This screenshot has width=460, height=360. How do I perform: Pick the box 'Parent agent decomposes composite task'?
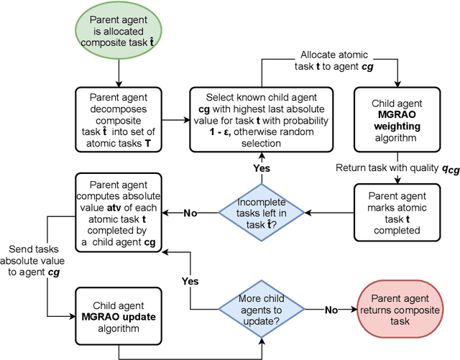point(118,120)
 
